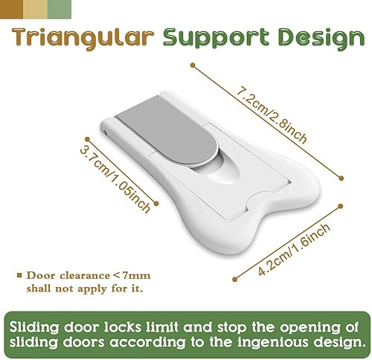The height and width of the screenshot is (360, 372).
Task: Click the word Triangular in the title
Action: point(80,39)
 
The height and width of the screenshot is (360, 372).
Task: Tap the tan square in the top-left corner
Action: point(11,7)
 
